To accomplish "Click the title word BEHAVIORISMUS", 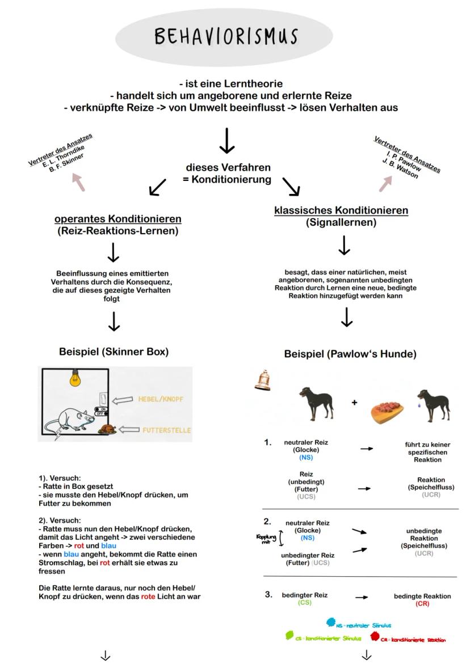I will point(225,36).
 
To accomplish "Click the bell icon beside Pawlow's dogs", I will point(262,380).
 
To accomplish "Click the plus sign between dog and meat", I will point(355,402).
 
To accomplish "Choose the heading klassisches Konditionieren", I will point(341,210).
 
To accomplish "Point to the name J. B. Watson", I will point(401,168).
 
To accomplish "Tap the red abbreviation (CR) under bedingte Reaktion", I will point(422,604).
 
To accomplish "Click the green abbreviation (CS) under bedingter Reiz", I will point(304,603).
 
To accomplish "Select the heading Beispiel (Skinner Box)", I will point(114,352).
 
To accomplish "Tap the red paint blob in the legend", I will point(375,637).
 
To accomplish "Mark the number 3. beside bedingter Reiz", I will point(268,595).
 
